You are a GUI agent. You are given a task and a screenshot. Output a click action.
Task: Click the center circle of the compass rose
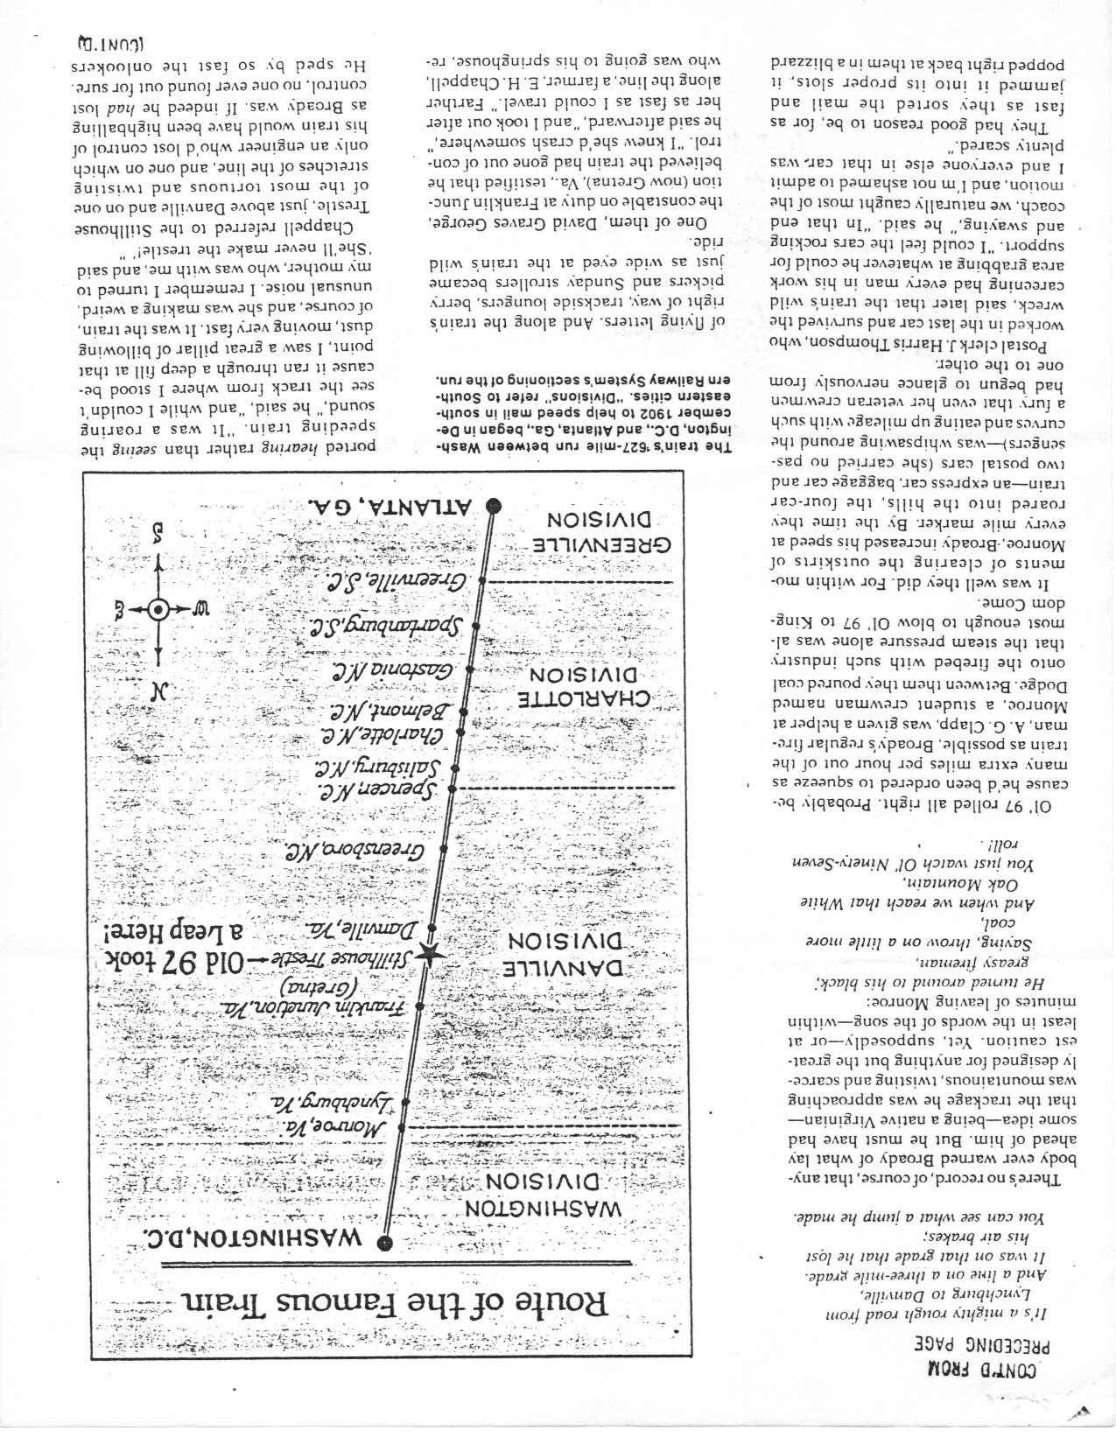pyautogui.click(x=158, y=610)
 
